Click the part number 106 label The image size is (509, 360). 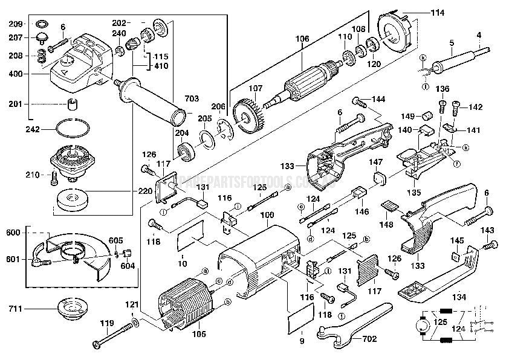[302, 39]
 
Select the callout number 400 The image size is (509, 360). [15, 74]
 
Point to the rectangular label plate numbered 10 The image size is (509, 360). [194, 243]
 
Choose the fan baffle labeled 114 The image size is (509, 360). [397, 34]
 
